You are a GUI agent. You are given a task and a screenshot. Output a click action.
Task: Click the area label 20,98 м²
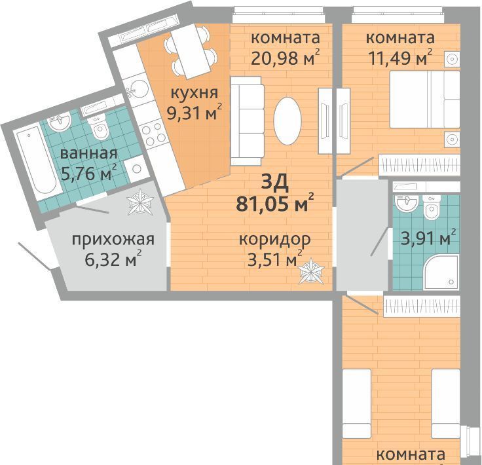tap(286, 57)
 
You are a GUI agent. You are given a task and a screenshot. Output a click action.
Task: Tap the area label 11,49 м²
tap(400, 57)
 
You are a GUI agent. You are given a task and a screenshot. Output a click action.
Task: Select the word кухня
tap(195, 93)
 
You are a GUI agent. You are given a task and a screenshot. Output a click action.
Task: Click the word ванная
tap(88, 153)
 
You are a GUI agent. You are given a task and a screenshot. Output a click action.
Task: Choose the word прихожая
tap(113, 240)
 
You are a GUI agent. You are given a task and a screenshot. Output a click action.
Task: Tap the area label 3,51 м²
tap(275, 259)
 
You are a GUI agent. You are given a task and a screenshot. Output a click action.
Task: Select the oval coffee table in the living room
tap(287, 121)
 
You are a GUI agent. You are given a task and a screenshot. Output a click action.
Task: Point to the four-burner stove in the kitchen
tap(154, 134)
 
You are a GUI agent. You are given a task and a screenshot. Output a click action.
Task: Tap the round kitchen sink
tap(136, 89)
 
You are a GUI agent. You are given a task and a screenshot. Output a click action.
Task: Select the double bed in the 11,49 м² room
tap(424, 100)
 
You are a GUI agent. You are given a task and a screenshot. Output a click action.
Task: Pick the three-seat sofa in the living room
tap(247, 121)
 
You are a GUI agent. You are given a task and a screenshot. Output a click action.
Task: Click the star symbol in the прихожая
tap(140, 202)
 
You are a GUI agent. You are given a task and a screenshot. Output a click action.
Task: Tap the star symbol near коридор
tap(311, 271)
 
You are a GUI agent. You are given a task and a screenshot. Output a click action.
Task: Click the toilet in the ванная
tap(98, 126)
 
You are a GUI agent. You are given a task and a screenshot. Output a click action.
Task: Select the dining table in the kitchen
tap(191, 51)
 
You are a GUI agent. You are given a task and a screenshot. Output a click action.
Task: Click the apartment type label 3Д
tap(275, 182)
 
